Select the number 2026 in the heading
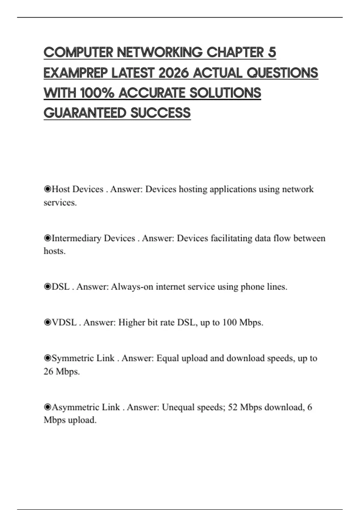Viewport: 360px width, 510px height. click(x=173, y=73)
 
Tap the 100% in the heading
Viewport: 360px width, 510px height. click(x=97, y=93)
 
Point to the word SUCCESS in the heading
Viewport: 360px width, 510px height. click(x=160, y=113)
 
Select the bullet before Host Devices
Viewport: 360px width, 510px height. click(x=47, y=189)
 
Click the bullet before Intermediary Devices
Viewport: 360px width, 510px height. click(x=47, y=238)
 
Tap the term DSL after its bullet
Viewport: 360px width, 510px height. click(x=61, y=287)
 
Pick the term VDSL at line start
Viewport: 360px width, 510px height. click(x=64, y=322)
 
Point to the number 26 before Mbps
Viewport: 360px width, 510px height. click(x=48, y=371)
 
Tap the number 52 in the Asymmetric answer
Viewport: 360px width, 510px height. click(x=233, y=407)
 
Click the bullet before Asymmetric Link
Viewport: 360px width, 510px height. click(x=47, y=407)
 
